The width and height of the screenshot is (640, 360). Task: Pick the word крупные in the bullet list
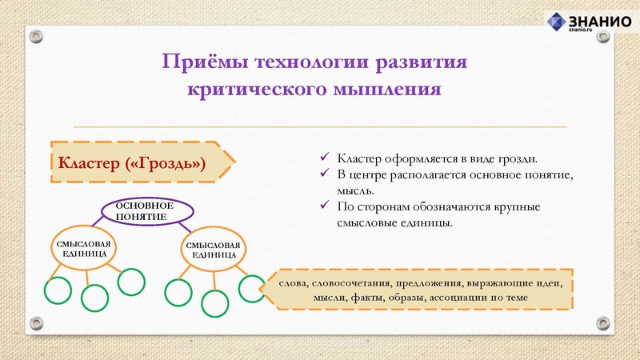click(517, 207)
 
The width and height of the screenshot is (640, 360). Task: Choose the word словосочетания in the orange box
click(353, 283)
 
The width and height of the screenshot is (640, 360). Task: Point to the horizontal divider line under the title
click(320, 127)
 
